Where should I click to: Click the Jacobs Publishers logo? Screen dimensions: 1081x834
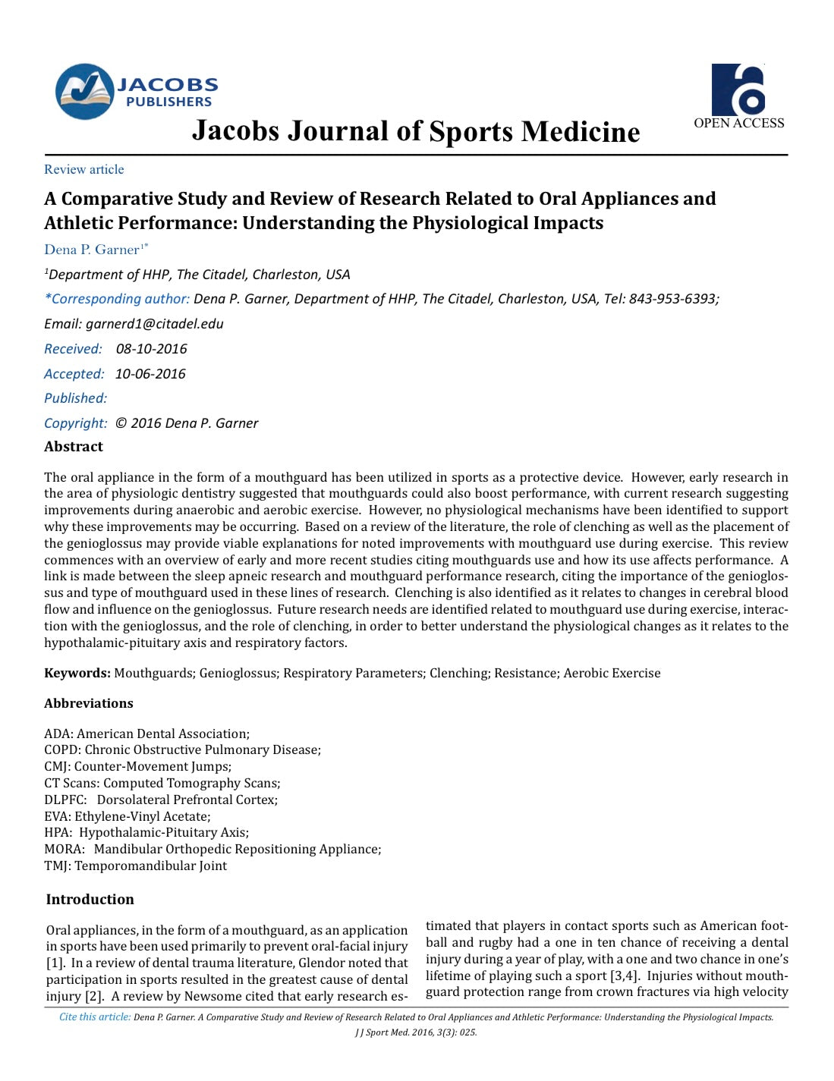pos(137,91)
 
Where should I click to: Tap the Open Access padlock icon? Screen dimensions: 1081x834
pos(738,89)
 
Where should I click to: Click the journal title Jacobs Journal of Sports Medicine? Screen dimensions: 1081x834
pos(416,131)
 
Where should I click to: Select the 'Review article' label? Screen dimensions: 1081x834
pos(83,169)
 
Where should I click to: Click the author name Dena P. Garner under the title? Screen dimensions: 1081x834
pos(92,250)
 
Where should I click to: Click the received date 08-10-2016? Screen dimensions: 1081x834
pos(151,349)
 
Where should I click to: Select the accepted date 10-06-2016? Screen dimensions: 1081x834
pos(150,374)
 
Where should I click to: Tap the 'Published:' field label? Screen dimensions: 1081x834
pos(75,398)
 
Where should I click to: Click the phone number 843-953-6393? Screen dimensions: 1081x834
pos(672,299)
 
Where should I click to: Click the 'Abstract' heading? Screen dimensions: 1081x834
pos(74,447)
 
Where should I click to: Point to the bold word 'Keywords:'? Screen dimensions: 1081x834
pos(77,673)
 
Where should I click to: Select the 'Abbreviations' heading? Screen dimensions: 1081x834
pos(88,703)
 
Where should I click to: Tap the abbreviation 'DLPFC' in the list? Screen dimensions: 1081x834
pos(65,800)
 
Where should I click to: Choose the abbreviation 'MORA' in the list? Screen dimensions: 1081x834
pos(64,849)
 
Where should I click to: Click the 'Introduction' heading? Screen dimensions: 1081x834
pos(90,899)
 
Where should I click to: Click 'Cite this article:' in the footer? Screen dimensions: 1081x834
pos(95,1017)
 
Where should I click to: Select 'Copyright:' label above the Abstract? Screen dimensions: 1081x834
pos(75,423)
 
